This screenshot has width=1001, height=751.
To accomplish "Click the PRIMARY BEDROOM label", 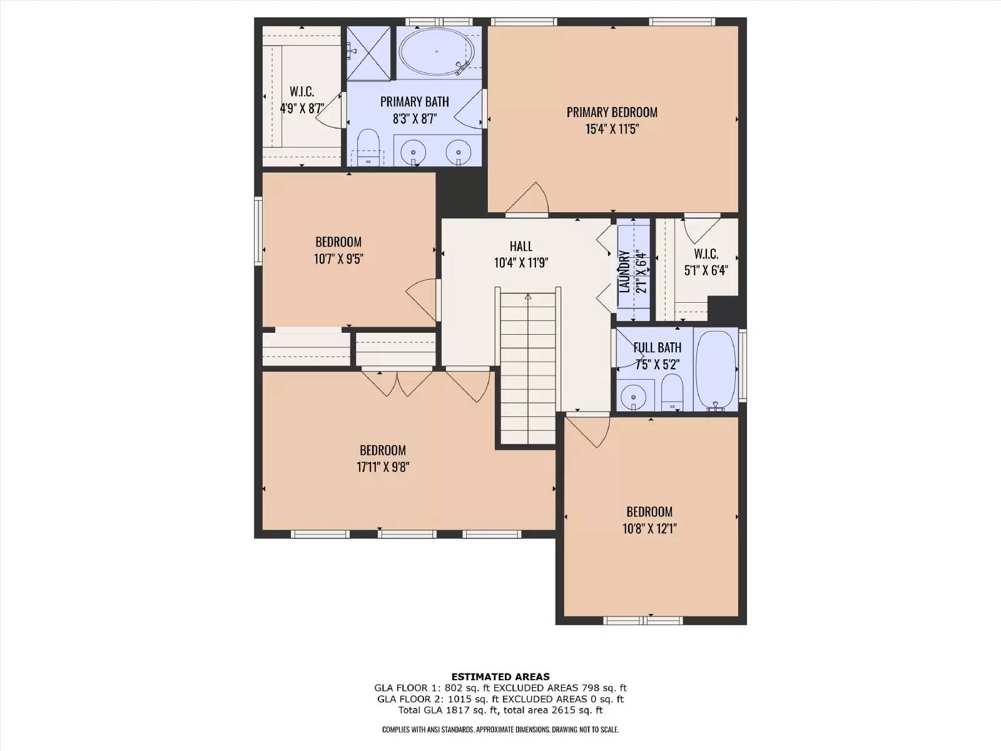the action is [611, 112].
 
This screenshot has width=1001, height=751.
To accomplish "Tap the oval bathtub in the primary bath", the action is [437, 51].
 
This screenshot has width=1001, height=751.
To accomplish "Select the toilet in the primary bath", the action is [368, 147].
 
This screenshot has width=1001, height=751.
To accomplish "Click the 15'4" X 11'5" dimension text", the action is [611, 129].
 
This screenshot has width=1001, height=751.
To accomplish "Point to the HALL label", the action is [521, 246].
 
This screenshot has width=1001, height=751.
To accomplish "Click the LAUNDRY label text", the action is [624, 272].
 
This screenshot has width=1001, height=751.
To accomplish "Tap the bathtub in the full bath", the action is [716, 370].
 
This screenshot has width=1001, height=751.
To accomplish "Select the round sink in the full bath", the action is [633, 395].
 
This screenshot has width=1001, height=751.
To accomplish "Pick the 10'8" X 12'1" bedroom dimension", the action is [649, 528].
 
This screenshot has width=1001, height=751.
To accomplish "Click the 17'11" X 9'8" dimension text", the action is [382, 467].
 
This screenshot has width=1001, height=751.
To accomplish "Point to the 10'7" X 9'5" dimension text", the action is [338, 259].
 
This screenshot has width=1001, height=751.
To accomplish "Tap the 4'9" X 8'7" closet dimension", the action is [302, 108].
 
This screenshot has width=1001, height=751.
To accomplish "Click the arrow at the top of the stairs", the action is [528, 297].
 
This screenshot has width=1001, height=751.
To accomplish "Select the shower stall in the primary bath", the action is [368, 53].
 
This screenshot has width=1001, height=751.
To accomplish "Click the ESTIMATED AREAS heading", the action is [500, 677].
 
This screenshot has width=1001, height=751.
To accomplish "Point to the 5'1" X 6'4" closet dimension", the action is [706, 270].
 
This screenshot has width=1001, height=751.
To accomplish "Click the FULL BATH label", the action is [657, 347].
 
